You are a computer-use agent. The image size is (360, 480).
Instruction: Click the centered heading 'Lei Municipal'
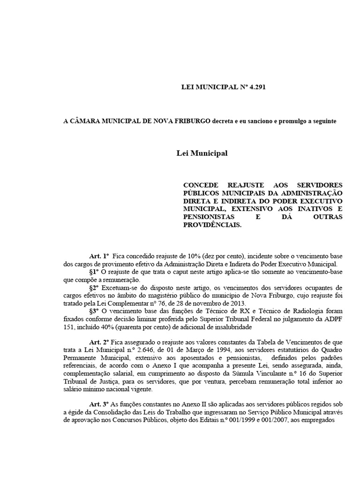point(202,153)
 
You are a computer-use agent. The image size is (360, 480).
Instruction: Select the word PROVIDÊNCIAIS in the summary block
point(212,225)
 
